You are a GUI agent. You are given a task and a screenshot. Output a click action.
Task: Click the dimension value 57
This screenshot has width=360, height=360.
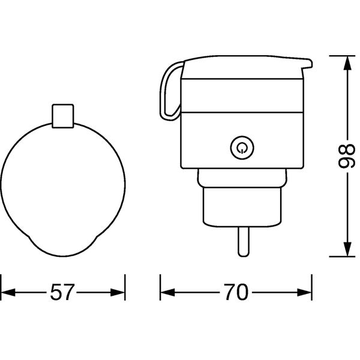[62, 292]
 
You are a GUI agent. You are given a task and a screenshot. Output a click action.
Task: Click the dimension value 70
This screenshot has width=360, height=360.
[236, 292]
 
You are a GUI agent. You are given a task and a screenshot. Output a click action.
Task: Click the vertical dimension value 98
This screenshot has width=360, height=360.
[347, 157]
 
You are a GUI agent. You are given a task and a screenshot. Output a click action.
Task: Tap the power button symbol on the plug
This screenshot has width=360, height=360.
[242, 148]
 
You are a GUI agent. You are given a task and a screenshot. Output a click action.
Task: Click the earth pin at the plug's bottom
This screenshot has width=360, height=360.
[244, 242]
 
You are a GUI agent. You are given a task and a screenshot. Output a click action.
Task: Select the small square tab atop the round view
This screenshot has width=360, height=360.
[63, 116]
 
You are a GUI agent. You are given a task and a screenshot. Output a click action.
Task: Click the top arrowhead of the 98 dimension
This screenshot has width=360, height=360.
[348, 63]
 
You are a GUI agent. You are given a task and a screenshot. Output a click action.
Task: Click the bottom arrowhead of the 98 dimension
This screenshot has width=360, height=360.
[348, 249]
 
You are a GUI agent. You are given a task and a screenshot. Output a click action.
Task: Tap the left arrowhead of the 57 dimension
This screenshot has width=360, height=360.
[8, 293]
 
